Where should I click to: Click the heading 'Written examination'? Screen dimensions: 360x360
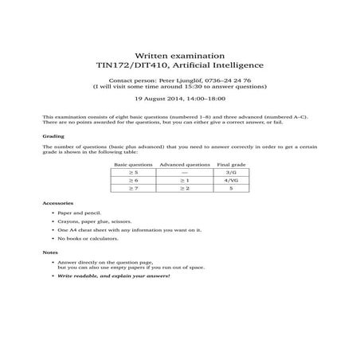(180, 49)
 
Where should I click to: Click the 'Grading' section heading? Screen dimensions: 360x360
(53, 136)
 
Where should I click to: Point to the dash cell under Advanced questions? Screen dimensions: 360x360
(184, 172)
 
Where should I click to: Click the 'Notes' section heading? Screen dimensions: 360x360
(50, 252)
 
